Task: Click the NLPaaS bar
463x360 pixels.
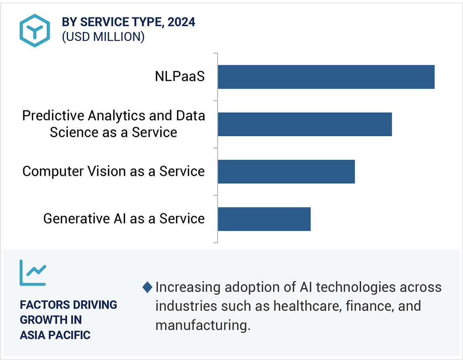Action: coord(326,77)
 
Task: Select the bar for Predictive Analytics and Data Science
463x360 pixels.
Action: coord(305,124)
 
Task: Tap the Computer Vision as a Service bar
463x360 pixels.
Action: coord(286,171)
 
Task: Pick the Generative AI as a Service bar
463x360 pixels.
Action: coord(264,219)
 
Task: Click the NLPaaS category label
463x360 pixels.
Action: coord(180,76)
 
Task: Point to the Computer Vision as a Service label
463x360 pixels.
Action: coord(114,171)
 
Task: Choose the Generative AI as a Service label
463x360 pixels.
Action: coord(124,219)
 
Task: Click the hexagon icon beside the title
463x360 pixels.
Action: coord(35,30)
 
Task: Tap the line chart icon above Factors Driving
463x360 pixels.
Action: coord(33,273)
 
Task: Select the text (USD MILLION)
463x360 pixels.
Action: coord(103,37)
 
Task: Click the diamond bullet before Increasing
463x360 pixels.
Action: coord(148,288)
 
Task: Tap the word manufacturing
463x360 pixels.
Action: coord(203,326)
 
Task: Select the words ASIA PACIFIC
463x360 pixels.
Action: coord(55,335)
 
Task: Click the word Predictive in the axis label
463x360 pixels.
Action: coord(53,116)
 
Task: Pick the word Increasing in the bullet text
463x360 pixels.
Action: coord(188,287)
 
